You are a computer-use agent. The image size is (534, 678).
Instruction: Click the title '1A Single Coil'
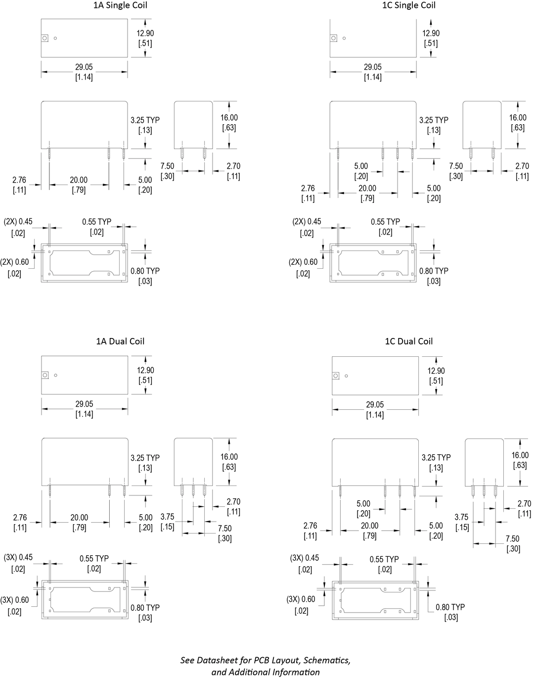[120, 5]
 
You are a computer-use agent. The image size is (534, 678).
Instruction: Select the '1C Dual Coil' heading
[408, 341]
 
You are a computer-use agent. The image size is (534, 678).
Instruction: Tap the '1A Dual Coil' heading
[120, 341]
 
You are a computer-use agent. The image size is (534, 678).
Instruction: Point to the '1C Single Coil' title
[409, 5]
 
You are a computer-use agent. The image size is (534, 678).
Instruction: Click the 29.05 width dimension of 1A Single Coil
[84, 67]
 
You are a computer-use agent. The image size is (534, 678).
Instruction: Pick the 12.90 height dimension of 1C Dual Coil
[436, 371]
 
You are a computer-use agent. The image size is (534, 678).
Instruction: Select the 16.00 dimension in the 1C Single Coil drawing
[518, 118]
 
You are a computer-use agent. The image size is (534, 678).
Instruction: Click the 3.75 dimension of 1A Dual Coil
[168, 517]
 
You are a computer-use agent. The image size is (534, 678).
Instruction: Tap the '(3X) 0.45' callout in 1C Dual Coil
[305, 558]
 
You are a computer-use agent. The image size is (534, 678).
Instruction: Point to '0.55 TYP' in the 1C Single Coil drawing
[385, 222]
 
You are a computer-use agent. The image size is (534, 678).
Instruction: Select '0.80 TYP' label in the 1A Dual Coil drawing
[145, 608]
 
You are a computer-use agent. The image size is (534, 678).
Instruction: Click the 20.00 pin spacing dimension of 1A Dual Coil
[79, 518]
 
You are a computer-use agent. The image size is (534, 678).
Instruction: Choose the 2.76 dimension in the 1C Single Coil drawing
[308, 188]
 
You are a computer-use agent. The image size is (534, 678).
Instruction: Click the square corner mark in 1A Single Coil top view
[44, 38]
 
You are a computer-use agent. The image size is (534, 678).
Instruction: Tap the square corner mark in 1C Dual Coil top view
[336, 376]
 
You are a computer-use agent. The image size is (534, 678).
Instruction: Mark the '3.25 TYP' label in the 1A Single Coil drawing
[145, 120]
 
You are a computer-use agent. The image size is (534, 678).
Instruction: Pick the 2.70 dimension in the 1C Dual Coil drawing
[524, 504]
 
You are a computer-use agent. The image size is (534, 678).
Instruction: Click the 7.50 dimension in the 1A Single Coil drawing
[167, 166]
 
